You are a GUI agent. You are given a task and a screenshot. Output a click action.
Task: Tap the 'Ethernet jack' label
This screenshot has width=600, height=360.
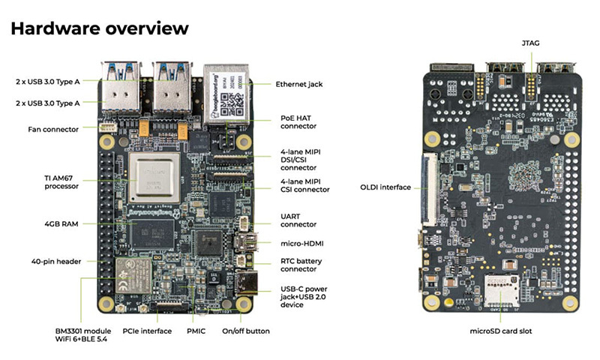click(x=298, y=84)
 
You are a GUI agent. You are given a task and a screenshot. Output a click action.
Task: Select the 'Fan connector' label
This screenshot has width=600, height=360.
click(x=53, y=129)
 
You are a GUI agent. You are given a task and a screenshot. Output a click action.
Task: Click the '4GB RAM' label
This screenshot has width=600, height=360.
click(x=62, y=223)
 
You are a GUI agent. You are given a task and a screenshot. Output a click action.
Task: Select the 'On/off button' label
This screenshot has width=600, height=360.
click(x=246, y=331)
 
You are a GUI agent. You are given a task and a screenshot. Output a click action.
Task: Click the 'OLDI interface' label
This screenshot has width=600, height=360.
click(x=385, y=187)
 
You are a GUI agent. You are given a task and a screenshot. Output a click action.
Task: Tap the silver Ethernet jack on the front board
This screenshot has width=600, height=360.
click(x=226, y=87)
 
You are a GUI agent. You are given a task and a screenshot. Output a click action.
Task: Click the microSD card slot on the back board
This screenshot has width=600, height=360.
click(x=496, y=289)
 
